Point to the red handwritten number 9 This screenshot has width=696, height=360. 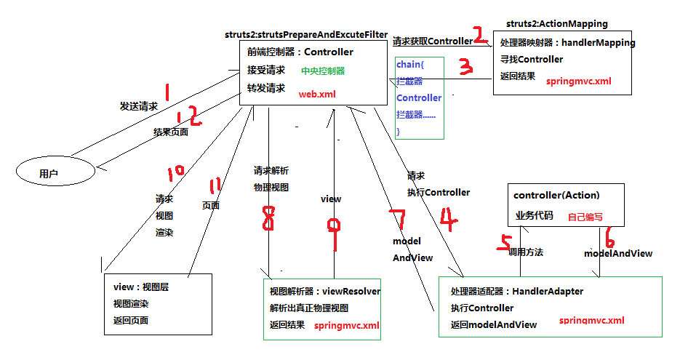point(334,232)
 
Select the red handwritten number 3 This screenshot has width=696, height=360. point(465,68)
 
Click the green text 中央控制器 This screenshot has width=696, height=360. point(323,71)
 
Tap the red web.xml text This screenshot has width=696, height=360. point(317,95)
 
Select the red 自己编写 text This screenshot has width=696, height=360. point(585,217)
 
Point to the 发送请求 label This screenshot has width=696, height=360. point(138,106)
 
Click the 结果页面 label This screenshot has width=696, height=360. point(170,132)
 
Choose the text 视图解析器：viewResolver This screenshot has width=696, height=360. point(324,291)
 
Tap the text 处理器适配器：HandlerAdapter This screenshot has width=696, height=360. point(516,291)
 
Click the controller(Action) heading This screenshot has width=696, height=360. point(557,196)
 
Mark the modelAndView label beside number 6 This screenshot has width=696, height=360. point(618,253)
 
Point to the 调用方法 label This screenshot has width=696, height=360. point(526,252)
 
